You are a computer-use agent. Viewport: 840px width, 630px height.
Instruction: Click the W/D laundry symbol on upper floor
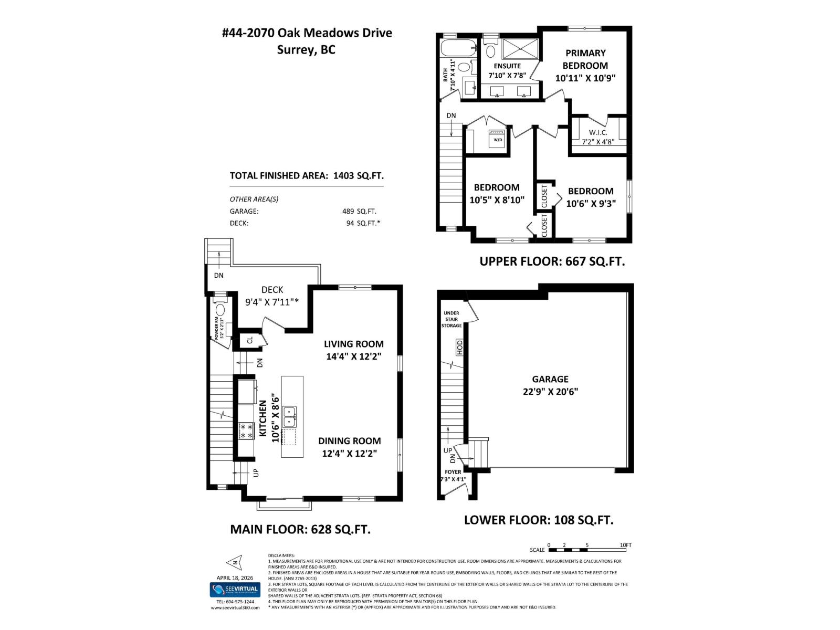coord(497,139)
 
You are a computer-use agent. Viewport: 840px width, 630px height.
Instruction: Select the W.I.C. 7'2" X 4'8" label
coord(598,137)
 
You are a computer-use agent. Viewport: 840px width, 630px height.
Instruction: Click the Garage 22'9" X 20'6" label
coord(550,385)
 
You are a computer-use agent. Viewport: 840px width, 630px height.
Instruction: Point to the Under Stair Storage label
coord(451,319)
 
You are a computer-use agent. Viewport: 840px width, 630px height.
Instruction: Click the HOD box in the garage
coord(459,346)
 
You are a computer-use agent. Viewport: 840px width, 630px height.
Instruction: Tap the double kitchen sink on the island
coord(289,417)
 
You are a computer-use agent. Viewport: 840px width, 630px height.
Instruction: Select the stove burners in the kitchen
coord(246,432)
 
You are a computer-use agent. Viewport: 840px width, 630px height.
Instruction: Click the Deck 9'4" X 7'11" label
coord(272,296)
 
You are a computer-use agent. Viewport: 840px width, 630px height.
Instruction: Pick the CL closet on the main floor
coord(250,340)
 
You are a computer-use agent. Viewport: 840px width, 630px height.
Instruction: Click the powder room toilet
coord(219,310)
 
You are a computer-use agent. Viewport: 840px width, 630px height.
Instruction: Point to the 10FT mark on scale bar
coord(625,545)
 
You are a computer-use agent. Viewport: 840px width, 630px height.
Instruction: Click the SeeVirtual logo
coord(235,590)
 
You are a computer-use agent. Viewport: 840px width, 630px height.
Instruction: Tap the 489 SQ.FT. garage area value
coord(359,211)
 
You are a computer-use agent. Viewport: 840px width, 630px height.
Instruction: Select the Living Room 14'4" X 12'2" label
coord(353,350)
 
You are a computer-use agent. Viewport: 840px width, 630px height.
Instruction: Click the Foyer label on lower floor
coord(453,472)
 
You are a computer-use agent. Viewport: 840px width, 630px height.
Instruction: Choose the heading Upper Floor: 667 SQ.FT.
coord(552,261)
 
